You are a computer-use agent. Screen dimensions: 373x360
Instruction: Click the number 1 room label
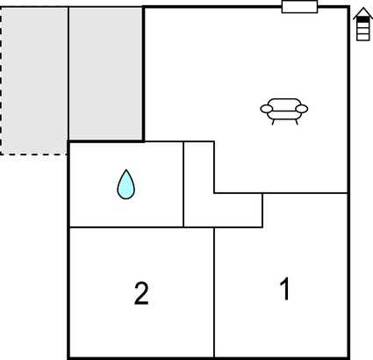(285, 289)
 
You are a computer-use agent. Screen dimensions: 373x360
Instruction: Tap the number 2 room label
(141, 293)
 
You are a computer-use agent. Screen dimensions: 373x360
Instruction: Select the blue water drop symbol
(126, 184)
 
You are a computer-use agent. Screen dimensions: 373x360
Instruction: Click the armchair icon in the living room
(284, 112)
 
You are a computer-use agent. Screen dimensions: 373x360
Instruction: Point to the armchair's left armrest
(267, 109)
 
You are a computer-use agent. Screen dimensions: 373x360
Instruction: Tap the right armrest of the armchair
(302, 109)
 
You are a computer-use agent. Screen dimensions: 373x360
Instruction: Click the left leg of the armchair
(273, 122)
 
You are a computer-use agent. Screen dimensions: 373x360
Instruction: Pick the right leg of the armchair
(296, 122)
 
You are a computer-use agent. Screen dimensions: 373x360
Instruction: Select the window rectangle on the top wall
(299, 7)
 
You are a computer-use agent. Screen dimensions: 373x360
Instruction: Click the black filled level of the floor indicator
(363, 19)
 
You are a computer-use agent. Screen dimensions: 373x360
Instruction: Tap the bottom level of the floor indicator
(363, 37)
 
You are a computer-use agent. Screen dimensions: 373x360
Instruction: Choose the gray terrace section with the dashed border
(34, 81)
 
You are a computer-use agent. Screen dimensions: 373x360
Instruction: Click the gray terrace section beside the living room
(106, 74)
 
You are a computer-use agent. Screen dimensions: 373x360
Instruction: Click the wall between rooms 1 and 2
(214, 292)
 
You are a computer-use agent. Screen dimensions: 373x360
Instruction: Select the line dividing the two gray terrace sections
(68, 74)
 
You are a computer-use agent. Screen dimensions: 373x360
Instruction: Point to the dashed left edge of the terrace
(1, 81)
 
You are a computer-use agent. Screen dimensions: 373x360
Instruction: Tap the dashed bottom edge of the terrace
(34, 154)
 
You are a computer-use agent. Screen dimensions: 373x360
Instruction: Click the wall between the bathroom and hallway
(183, 184)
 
